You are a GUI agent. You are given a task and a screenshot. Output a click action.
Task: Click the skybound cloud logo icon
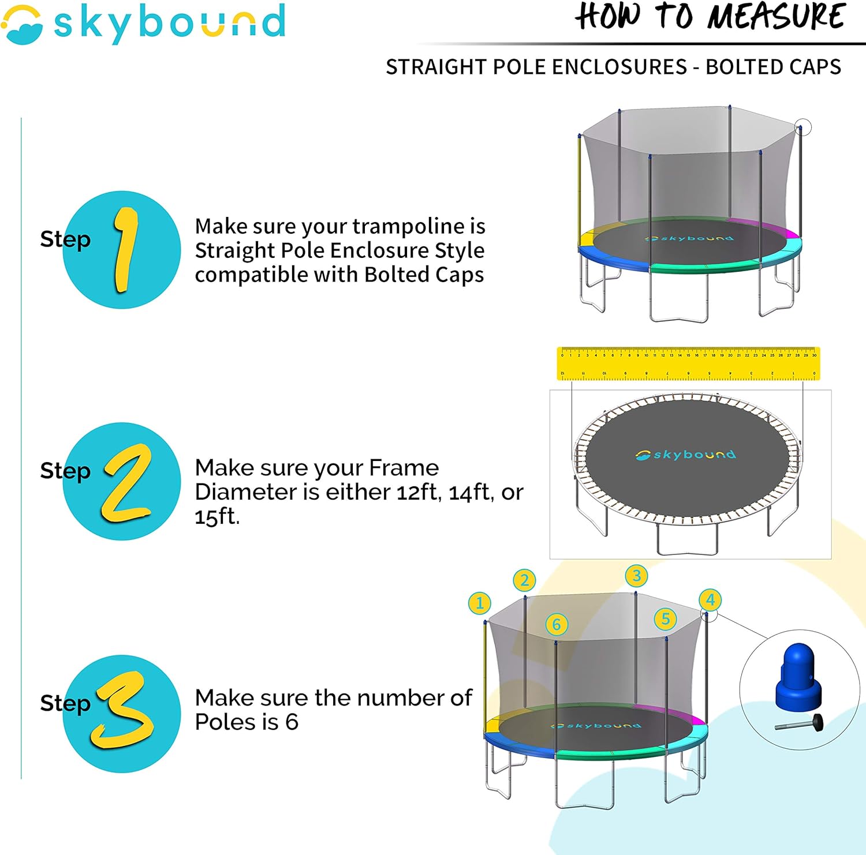(22, 24)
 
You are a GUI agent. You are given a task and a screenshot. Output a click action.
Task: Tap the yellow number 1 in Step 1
(125, 249)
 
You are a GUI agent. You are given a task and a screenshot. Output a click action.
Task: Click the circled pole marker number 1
(480, 603)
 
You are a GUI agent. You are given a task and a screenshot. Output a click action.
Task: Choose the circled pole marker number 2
(524, 580)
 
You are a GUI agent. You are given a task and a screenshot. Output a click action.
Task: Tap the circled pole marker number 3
(636, 575)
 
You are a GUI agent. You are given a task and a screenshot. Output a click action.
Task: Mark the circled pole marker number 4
(710, 600)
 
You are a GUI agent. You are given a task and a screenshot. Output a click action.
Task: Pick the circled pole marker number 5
(665, 619)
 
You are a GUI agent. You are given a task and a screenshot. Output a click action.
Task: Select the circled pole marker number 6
(557, 624)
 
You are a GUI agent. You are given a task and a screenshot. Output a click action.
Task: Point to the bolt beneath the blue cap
(800, 723)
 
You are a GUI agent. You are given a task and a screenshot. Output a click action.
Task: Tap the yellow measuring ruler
(688, 363)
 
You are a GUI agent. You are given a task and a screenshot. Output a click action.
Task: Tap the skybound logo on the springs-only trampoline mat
(686, 455)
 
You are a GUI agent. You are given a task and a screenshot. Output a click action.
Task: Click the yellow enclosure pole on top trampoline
(579, 190)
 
